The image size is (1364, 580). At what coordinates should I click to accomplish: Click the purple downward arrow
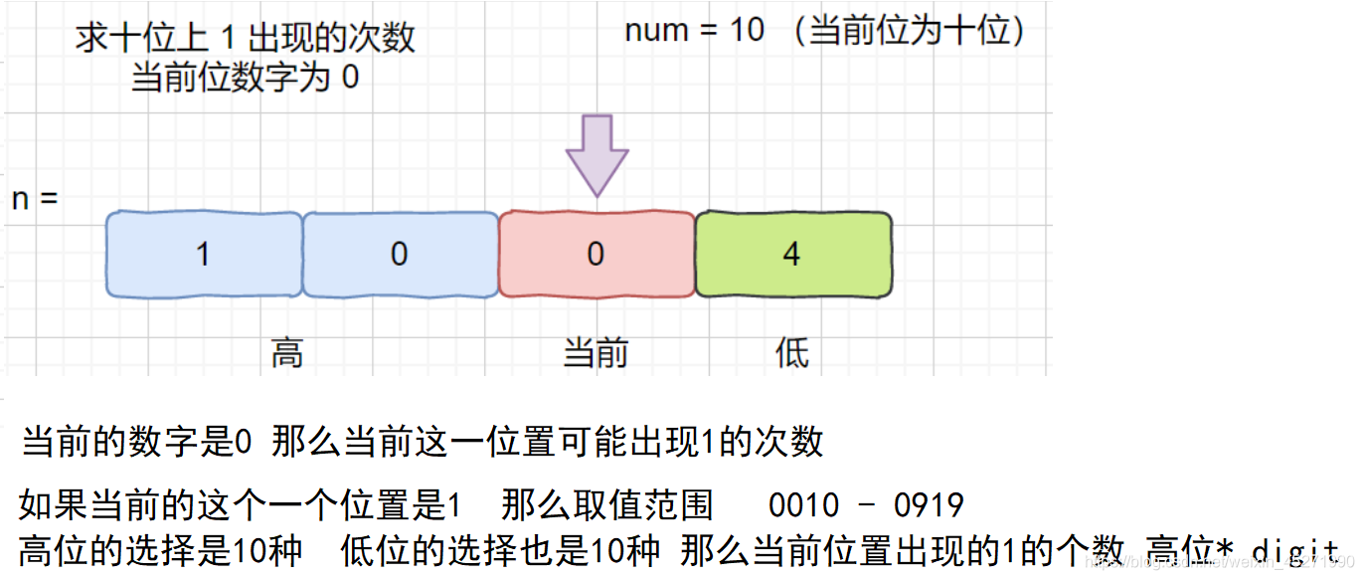pyautogui.click(x=597, y=154)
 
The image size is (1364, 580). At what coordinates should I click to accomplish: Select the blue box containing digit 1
pyautogui.click(x=204, y=255)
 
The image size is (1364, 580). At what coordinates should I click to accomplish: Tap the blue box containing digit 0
pyautogui.click(x=400, y=255)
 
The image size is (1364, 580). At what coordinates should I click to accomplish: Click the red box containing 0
pyautogui.click(x=596, y=255)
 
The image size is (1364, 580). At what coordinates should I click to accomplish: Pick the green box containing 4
pyautogui.click(x=792, y=255)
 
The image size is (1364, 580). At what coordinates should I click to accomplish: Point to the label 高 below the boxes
pyautogui.click(x=287, y=353)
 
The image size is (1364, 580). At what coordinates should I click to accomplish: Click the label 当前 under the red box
pyautogui.click(x=596, y=353)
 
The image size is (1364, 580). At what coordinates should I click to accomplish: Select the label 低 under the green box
pyautogui.click(x=792, y=353)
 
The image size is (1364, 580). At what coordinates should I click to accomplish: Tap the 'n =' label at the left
pyautogui.click(x=35, y=198)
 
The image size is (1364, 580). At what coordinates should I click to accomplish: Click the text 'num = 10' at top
pyautogui.click(x=694, y=30)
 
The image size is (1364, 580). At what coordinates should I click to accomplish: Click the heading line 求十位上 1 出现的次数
pyautogui.click(x=246, y=38)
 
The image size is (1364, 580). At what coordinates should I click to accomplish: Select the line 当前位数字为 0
pyautogui.click(x=246, y=77)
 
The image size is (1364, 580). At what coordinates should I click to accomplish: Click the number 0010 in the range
pyautogui.click(x=803, y=505)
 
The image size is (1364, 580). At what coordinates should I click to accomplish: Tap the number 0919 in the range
pyautogui.click(x=929, y=505)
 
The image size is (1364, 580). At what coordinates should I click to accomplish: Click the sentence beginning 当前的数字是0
pyautogui.click(x=423, y=442)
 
